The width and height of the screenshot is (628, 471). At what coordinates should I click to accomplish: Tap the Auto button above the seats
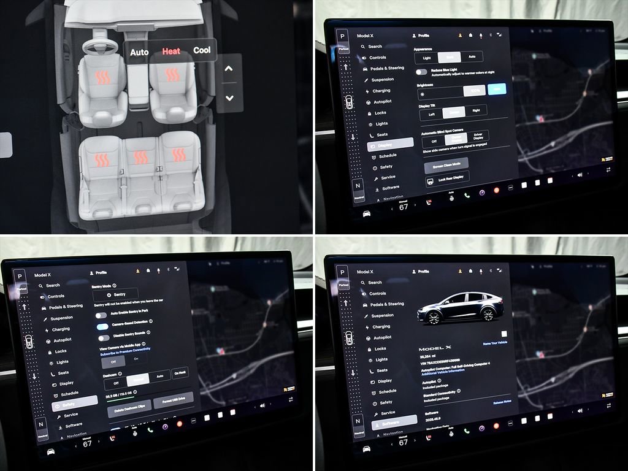tap(139, 52)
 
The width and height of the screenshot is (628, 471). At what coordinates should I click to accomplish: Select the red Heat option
tap(171, 52)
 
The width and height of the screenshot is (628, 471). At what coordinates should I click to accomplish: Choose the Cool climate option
tap(202, 50)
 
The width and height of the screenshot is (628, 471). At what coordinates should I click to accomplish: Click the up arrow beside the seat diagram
tap(229, 69)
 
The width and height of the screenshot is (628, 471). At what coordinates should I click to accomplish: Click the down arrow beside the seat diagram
tap(229, 98)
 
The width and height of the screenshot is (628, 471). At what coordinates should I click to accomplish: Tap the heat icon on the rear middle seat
tap(140, 157)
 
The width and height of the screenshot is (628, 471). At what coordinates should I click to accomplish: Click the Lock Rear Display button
tap(447, 178)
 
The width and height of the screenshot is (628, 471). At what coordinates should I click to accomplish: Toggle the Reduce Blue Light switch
tap(421, 72)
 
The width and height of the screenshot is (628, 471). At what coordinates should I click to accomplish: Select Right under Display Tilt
tap(476, 111)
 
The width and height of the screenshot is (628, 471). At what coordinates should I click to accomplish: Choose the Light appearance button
tap(427, 58)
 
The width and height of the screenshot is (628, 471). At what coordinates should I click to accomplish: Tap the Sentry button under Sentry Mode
tap(116, 294)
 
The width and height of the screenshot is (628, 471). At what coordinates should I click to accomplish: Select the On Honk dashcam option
tap(180, 373)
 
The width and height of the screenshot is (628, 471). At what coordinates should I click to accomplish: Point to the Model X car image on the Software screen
tap(461, 307)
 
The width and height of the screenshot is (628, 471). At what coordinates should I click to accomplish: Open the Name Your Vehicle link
tap(495, 343)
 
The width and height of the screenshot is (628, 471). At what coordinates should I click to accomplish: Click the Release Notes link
tap(502, 402)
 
